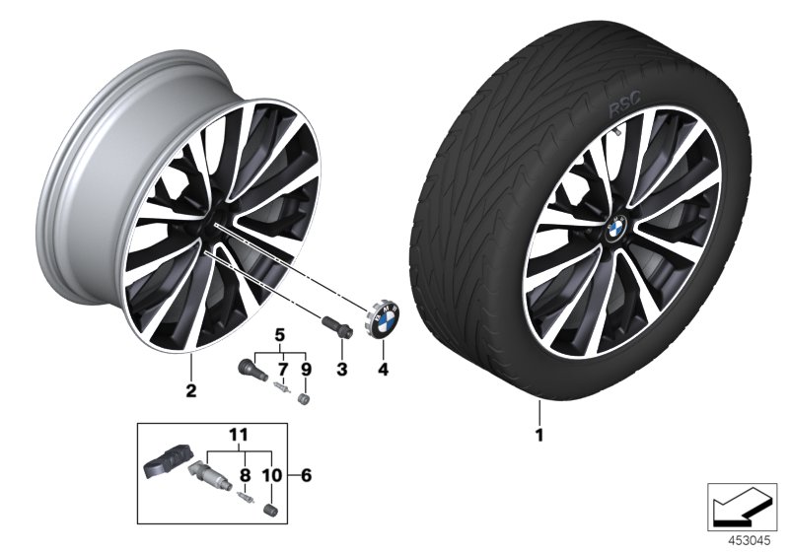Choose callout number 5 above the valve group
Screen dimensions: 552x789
tap(279, 332)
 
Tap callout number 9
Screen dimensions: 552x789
tap(305, 369)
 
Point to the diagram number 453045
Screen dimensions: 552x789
tap(747, 539)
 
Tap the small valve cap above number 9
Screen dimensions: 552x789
tap(305, 399)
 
